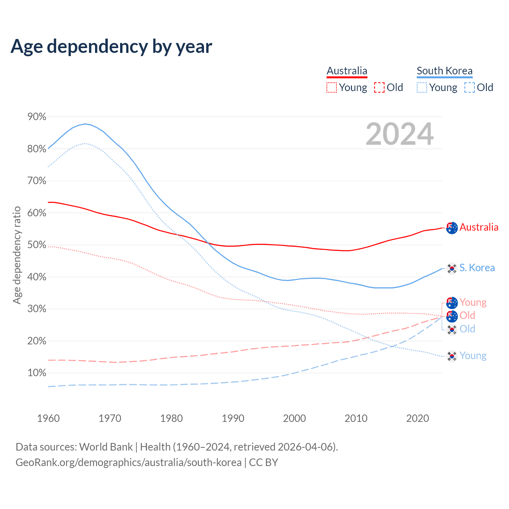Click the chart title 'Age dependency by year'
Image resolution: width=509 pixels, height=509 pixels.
(111, 47)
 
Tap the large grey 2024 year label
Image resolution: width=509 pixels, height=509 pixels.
(399, 134)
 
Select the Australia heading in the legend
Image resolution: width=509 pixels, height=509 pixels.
(347, 71)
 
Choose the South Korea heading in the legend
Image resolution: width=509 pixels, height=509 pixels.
(445, 71)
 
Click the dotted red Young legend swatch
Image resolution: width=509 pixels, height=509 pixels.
(332, 87)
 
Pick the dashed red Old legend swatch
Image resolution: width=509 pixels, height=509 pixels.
(379, 87)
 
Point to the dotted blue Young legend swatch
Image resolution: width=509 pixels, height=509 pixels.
(422, 87)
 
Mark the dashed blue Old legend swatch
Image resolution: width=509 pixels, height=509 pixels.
(470, 87)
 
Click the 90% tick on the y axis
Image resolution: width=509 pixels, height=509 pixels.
(37, 117)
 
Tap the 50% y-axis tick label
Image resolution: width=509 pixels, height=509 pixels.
(37, 245)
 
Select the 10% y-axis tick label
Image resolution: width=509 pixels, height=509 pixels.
(37, 373)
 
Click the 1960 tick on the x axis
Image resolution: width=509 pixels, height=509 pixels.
(48, 418)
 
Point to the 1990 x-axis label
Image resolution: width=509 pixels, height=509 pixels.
(233, 418)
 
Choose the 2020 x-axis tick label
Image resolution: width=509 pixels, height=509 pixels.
(418, 418)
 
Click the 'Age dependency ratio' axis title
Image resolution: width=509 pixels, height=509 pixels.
(17, 255)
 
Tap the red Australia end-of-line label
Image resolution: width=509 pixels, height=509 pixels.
(479, 227)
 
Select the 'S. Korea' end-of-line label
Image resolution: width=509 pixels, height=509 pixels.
(477, 268)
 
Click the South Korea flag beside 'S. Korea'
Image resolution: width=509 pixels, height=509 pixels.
(452, 268)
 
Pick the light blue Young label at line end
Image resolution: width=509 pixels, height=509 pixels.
(473, 356)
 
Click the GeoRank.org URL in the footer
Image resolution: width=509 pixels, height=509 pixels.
(128, 462)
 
